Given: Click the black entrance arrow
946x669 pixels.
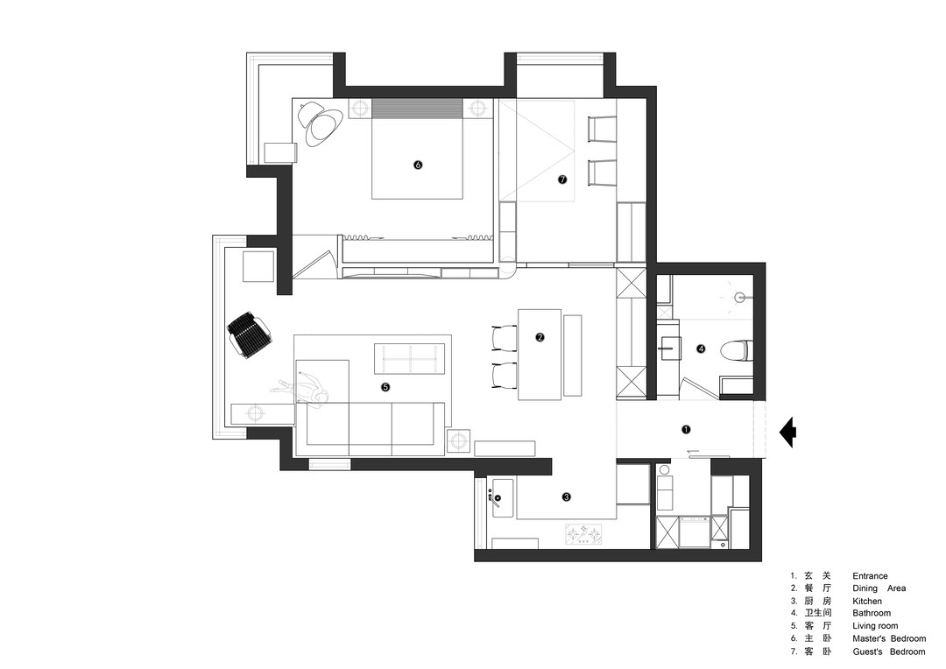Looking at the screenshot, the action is coord(788,432).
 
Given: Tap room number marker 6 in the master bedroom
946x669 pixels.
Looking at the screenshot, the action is coord(418,165).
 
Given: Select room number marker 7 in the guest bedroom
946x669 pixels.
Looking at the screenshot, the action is coord(563,180).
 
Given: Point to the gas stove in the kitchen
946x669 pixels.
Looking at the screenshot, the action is coord(583,534).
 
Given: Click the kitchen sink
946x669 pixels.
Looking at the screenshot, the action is coord(502,498).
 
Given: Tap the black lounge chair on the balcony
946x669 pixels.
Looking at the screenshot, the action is coord(249,334).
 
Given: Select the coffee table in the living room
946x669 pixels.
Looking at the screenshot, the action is coord(410,358).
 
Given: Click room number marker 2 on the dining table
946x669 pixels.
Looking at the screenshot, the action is coord(540,337).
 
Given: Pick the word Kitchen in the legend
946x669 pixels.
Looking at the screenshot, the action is coord(867,601).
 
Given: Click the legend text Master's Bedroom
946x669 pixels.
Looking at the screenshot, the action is coord(889,638).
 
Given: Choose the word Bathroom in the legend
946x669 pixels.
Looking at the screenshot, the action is coord(872,613).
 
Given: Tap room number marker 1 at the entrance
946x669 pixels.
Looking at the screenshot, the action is coord(685,430).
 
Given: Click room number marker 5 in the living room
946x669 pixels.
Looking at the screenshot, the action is coord(385,387).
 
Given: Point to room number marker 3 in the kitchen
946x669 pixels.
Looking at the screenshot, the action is coord(566,497).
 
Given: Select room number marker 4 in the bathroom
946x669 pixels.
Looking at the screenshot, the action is coord(701,349).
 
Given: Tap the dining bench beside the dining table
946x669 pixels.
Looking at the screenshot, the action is coord(572,356).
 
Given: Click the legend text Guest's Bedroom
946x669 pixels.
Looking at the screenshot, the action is coord(889,651).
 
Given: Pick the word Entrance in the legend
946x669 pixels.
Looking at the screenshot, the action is coord(870,576).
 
